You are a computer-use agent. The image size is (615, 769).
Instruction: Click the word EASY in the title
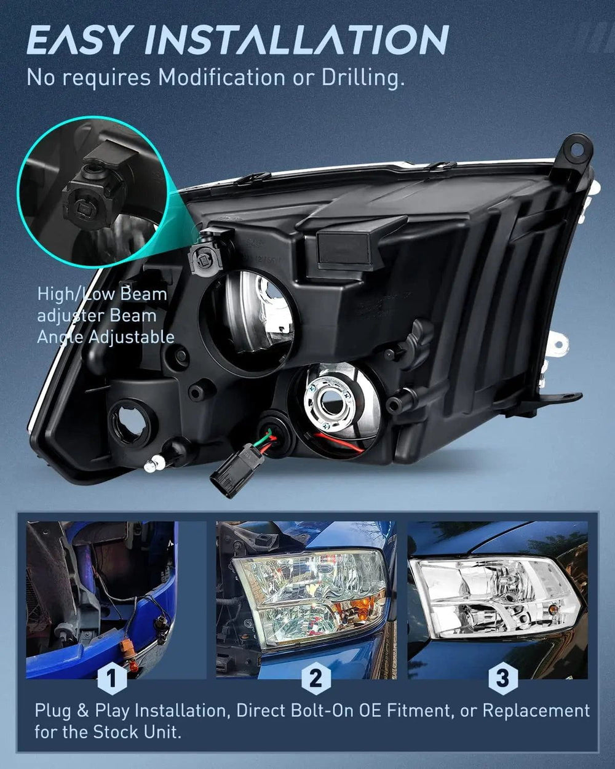[77, 39]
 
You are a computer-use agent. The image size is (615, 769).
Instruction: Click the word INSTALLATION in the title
[296, 39]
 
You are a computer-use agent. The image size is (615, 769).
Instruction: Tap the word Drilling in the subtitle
[363, 78]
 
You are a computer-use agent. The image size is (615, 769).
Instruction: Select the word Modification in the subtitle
[221, 76]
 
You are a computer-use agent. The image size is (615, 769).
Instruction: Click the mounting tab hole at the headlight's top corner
[576, 151]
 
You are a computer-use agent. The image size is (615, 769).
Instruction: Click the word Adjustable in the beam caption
[132, 337]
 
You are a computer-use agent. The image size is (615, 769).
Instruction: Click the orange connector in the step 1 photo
[127, 648]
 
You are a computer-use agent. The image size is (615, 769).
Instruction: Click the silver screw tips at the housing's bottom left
[154, 464]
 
